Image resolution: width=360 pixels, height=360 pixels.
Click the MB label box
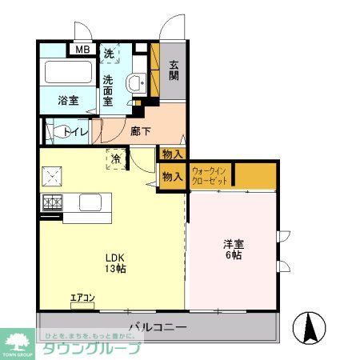tap(82, 50)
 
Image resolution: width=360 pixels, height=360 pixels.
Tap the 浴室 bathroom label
tap(68, 101)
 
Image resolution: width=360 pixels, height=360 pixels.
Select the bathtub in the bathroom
tap(68, 74)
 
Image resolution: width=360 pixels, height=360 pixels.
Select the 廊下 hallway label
tap(140, 131)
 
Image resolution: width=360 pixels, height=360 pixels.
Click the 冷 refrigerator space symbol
tap(117, 158)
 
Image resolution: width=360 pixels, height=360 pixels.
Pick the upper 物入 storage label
tap(171, 154)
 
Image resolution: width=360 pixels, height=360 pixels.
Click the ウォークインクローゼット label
tap(210, 175)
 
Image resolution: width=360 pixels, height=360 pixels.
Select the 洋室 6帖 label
tap(234, 249)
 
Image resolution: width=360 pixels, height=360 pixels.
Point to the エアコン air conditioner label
tap(83, 299)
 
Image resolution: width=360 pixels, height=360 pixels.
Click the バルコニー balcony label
tap(158, 327)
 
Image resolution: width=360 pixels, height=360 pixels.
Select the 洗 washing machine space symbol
tap(111, 54)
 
